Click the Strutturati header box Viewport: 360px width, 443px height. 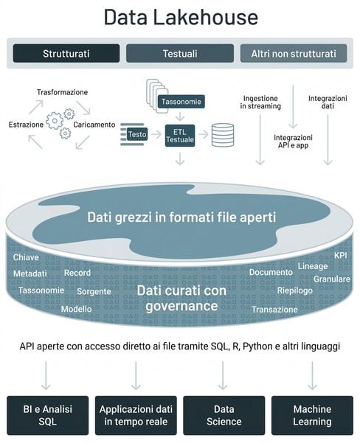pos(66,53)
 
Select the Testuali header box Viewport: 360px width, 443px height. pos(180,53)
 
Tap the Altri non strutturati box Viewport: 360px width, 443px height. pos(294,53)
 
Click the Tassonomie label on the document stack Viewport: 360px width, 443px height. pos(181,102)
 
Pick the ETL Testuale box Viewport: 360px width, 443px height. pos(180,136)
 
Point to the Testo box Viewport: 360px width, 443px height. pos(137,134)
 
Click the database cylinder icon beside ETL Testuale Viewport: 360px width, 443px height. pos(223,135)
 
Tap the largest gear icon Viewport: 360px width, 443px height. pos(55,121)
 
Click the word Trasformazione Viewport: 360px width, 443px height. pos(62,92)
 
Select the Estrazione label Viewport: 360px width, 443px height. pos(26,125)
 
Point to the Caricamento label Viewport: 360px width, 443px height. pos(94,125)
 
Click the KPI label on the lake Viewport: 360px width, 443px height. pos(341,255)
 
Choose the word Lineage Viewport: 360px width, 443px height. pos(313,266)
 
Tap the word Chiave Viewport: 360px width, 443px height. pos(26,257)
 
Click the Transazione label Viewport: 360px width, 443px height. pos(274,310)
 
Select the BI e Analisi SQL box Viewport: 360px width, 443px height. pos(48,415)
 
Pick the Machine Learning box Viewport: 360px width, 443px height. pos(312,415)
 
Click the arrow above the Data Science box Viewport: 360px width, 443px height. pos(223,375)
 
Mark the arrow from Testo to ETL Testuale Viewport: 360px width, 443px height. pos(156,134)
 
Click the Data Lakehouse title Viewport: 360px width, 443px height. pos(181,17)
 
